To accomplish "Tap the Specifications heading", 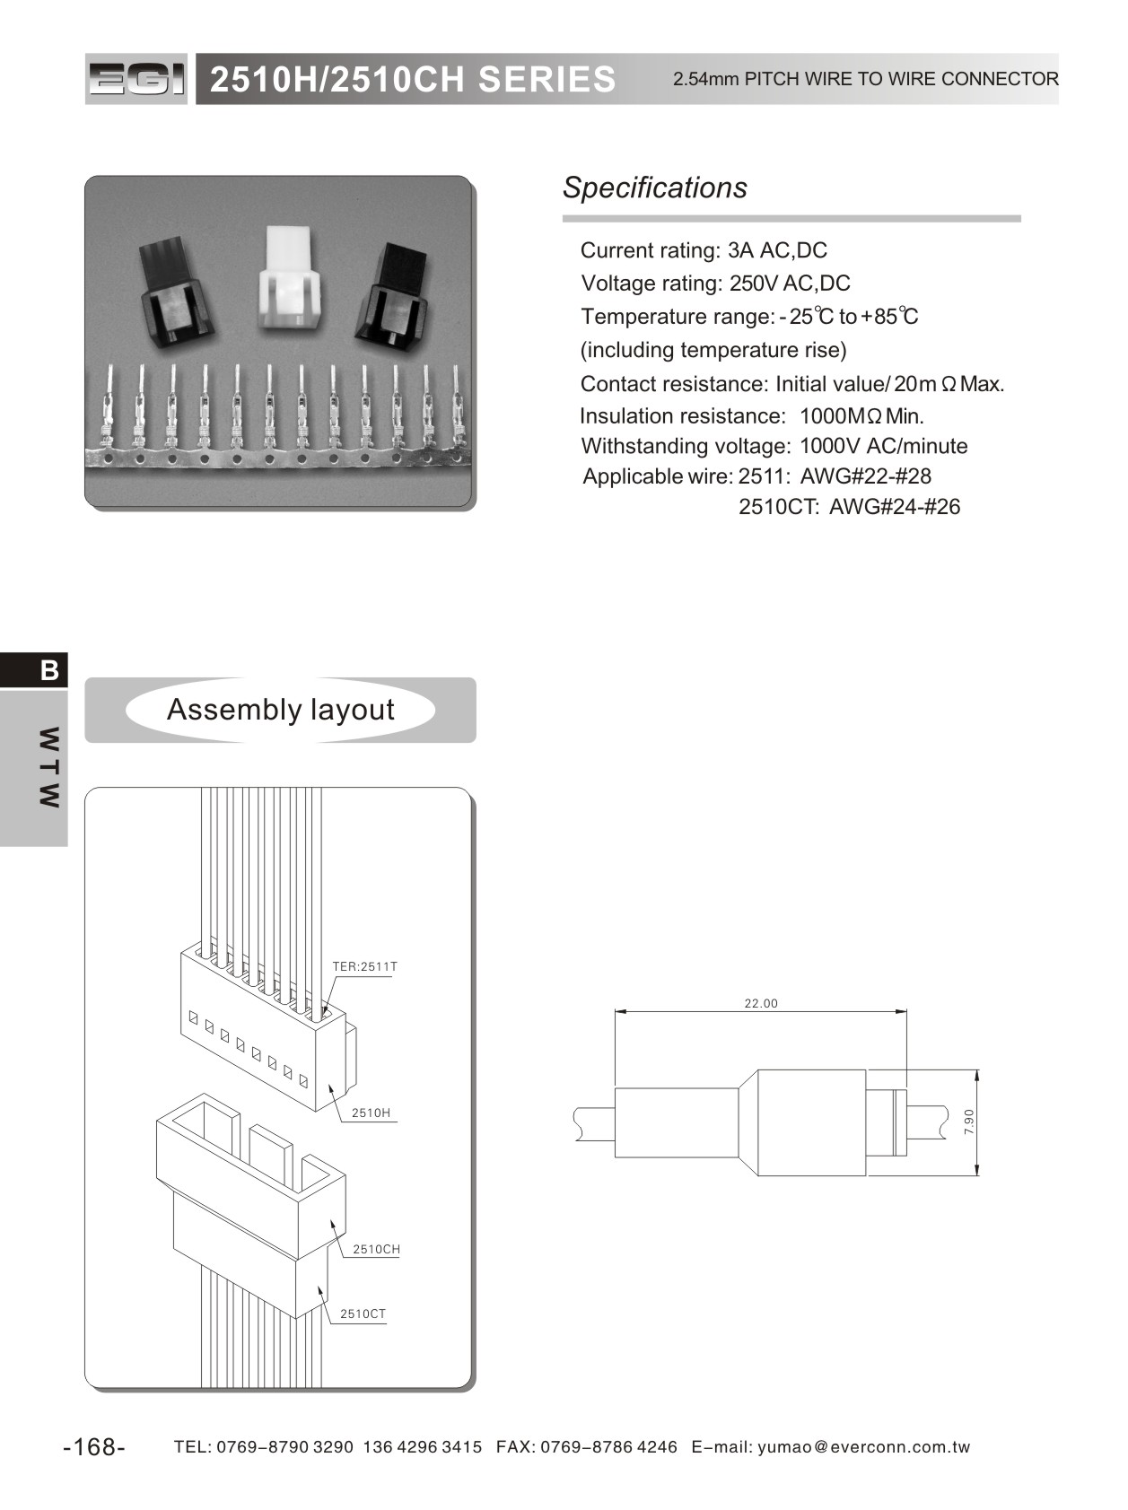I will coord(654,188).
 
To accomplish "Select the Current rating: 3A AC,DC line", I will coord(704,250).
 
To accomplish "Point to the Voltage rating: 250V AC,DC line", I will coord(715,284).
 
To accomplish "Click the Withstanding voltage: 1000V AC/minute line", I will coord(774,446).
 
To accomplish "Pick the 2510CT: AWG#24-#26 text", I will coord(849,507).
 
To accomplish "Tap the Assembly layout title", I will coord(280,710).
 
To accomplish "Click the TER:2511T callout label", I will coord(364,966).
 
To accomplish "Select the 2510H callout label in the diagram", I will coord(371,1113).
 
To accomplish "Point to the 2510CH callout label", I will coord(376,1249).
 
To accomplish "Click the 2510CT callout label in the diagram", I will coord(363,1314).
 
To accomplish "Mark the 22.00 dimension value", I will coord(761,1003).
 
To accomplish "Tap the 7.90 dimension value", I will coord(968,1122).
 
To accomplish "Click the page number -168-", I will coord(94,1447).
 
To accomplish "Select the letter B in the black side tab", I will coord(49,670).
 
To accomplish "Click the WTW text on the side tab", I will coord(49,767).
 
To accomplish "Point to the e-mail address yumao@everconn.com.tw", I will coord(864,1447).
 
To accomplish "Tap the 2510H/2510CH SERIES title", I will coord(413,80).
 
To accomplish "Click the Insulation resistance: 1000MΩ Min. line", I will coord(751,416).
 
